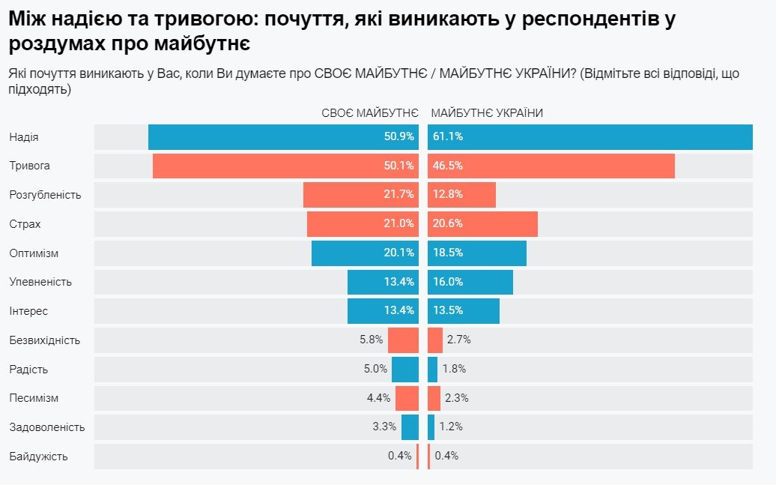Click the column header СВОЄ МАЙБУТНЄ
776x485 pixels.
[369, 112]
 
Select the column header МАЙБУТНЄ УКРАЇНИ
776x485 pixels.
[487, 112]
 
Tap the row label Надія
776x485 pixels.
[24, 137]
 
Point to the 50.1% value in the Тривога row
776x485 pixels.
[398, 166]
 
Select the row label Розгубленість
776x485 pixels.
[45, 195]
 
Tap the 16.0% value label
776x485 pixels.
[448, 282]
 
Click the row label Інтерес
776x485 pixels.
[28, 311]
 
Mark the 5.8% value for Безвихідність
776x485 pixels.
[372, 340]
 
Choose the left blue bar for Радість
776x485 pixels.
[405, 369]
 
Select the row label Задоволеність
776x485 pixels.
[47, 427]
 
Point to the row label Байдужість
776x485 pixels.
[39, 456]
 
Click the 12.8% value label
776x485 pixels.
[448, 195]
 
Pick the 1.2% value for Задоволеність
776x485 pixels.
[451, 427]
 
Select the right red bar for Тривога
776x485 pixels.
[551, 166]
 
